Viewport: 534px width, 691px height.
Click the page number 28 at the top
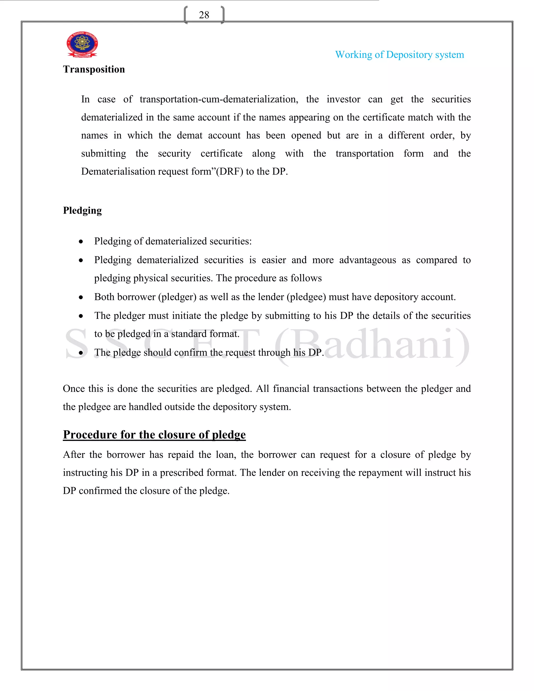pos(204,15)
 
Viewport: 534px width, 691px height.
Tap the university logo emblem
pos(82,44)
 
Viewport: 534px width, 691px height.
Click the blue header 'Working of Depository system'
pos(399,55)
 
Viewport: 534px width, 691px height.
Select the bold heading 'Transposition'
pos(94,69)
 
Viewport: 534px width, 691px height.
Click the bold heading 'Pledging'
pos(82,211)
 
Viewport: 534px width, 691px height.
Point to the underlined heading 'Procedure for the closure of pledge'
pos(154,435)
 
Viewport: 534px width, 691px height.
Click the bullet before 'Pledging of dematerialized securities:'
pos(81,242)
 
